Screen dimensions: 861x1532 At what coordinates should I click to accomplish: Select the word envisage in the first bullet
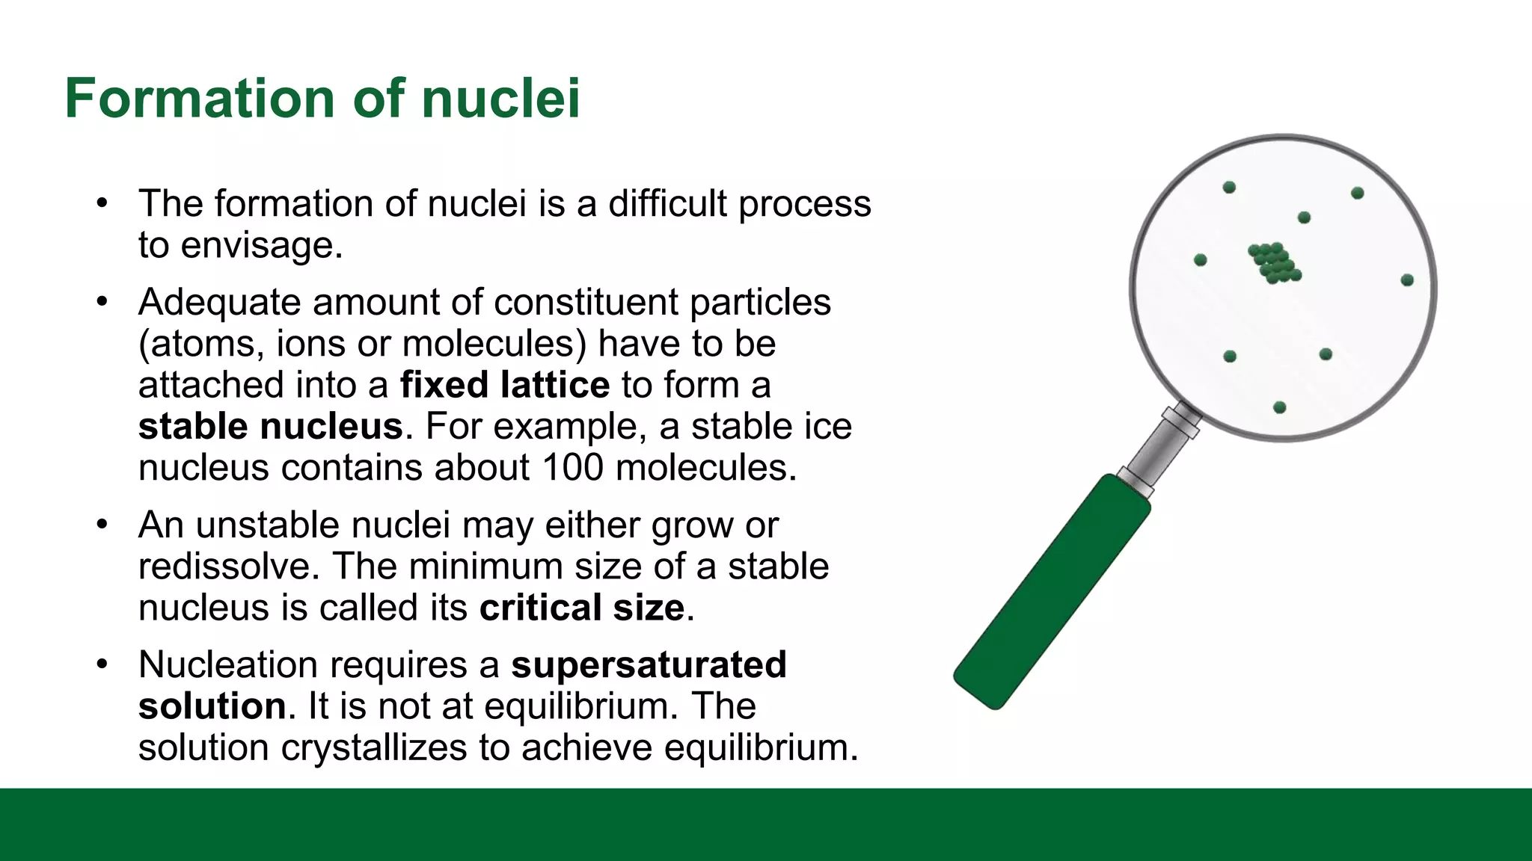(261, 245)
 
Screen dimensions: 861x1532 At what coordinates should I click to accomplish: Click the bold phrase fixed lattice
(505, 385)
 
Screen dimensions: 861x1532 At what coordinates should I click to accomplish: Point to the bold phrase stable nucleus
(271, 427)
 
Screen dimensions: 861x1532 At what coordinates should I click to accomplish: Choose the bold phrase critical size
(581, 608)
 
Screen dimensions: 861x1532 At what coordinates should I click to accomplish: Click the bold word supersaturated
(649, 664)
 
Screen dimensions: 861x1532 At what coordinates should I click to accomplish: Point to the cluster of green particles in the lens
(1275, 263)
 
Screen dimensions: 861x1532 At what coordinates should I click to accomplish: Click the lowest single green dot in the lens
(1279, 407)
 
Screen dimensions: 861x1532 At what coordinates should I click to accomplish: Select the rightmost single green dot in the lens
(1407, 280)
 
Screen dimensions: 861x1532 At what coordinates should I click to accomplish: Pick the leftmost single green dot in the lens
(1201, 260)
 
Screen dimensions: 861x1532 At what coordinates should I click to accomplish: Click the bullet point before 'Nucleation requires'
(102, 664)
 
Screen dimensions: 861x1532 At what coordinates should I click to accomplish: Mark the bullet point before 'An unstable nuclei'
(102, 524)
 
